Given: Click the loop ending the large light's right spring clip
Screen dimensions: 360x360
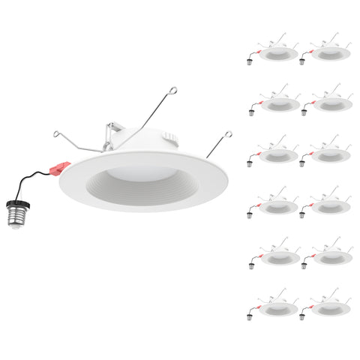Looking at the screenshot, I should [224, 135].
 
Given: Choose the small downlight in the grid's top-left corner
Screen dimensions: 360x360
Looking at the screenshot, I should [274, 55].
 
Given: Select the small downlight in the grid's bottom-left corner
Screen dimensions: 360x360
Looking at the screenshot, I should [274, 307].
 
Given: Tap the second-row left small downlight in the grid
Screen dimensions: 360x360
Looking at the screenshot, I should [274, 106].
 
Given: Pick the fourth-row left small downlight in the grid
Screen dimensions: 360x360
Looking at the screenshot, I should [274, 206].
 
